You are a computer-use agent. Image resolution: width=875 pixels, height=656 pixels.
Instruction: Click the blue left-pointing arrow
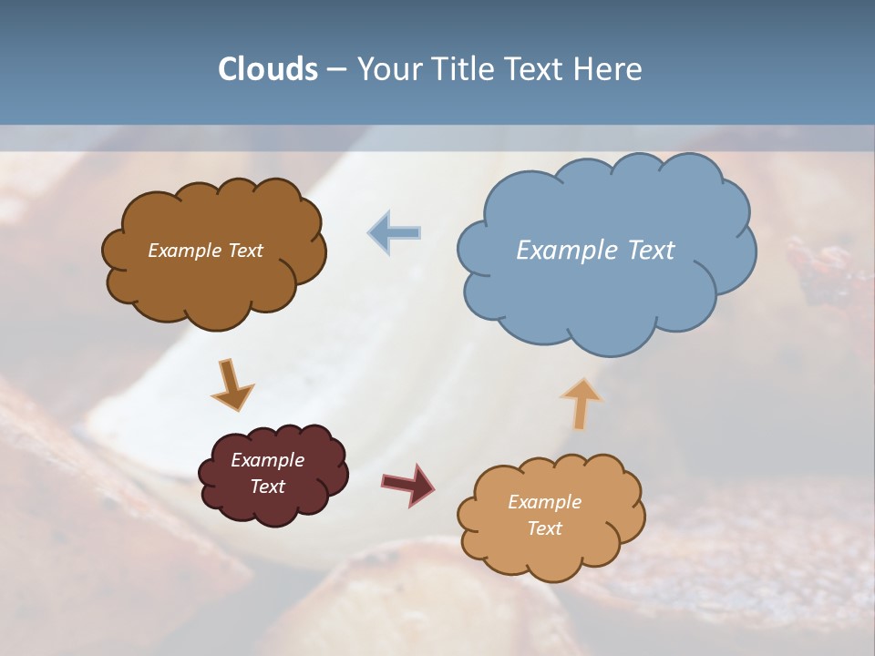[395, 232]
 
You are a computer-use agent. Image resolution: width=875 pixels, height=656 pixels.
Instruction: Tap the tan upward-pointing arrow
[581, 403]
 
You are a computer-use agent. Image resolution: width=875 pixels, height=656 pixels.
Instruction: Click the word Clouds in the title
[268, 69]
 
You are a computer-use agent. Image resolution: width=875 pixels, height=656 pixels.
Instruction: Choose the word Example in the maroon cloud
[267, 460]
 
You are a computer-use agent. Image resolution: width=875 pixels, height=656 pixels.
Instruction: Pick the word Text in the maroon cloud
[267, 487]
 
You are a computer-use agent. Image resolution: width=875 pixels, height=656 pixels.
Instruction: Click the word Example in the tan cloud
[544, 502]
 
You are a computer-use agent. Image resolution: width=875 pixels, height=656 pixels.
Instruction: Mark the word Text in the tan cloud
[544, 528]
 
